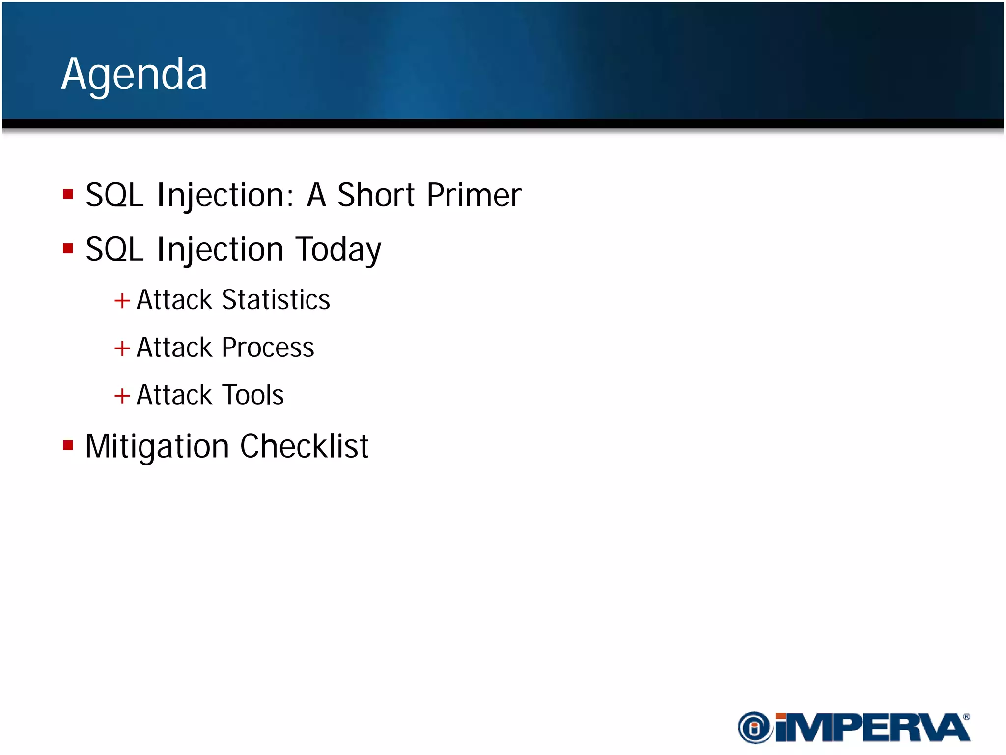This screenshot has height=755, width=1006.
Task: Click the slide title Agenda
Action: [x=134, y=75]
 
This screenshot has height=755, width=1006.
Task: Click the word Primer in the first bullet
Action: [x=474, y=195]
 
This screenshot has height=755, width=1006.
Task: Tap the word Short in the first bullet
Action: [x=376, y=195]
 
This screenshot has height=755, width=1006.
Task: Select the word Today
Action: [x=338, y=250]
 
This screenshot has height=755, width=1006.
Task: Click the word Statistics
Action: [x=276, y=300]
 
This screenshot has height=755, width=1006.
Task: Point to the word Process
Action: [x=268, y=348]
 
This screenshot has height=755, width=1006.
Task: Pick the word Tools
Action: [x=253, y=395]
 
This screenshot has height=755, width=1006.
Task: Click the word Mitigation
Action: [x=157, y=446]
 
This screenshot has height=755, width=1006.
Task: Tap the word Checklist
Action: [x=304, y=446]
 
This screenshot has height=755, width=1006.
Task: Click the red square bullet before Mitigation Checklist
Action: [x=68, y=446]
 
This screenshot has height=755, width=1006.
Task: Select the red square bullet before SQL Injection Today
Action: [x=68, y=249]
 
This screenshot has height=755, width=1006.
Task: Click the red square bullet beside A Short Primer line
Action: [x=68, y=194]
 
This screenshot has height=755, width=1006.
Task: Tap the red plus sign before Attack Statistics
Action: [x=122, y=300]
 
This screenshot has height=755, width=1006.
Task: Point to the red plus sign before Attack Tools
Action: [x=122, y=396]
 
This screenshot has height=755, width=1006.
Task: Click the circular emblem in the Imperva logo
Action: [x=754, y=727]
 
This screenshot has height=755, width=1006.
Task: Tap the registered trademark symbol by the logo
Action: [x=966, y=717]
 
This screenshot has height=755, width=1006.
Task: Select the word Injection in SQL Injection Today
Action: [x=220, y=250]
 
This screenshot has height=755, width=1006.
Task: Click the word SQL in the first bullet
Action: [x=114, y=195]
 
